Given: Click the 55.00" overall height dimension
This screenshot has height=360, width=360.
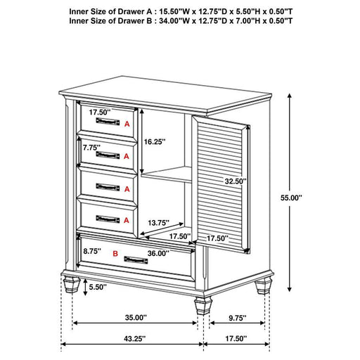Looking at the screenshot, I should click(288, 199).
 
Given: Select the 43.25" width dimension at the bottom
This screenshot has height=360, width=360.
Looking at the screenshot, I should click(133, 338).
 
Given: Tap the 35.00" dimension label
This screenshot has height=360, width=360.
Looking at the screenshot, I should click(136, 317).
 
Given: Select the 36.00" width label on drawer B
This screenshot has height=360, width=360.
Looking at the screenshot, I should click(158, 254).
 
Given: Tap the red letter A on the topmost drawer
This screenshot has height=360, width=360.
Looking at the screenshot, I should click(127, 123).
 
